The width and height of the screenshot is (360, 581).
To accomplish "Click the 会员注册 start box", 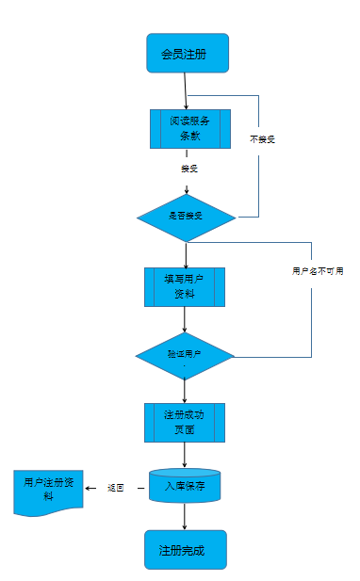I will click(188, 54).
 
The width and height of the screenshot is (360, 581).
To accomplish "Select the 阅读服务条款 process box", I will click(189, 128).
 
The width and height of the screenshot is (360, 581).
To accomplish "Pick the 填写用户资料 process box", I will click(185, 286).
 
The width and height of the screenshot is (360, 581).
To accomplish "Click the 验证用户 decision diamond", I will click(185, 355).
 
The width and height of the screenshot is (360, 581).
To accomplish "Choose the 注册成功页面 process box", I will click(185, 423).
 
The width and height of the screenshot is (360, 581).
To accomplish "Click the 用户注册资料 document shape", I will click(46, 491).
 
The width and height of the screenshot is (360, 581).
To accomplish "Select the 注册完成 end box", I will click(185, 550).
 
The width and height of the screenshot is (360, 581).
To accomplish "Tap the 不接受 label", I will click(262, 139).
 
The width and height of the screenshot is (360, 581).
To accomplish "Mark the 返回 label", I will click(116, 488).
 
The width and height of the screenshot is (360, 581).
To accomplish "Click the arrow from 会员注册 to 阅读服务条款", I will click(187, 91).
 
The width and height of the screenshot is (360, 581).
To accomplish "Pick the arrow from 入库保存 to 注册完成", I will click(185, 516).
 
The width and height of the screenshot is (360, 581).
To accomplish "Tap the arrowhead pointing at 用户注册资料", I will click(89, 488).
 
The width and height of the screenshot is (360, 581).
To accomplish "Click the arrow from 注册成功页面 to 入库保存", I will click(185, 455).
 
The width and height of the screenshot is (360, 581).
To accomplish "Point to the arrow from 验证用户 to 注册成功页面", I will click(185, 390).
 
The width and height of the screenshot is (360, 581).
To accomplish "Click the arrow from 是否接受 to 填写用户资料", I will click(186, 254).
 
